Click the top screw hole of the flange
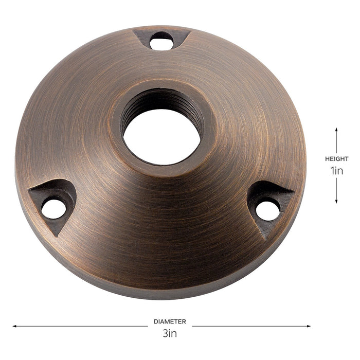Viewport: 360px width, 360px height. click(x=161, y=41)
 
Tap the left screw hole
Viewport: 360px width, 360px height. click(x=53, y=208)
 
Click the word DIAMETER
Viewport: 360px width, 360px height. click(x=170, y=321)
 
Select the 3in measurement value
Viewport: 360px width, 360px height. click(x=170, y=333)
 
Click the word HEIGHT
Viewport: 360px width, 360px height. click(x=336, y=159)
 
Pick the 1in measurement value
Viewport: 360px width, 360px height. click(x=336, y=171)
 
